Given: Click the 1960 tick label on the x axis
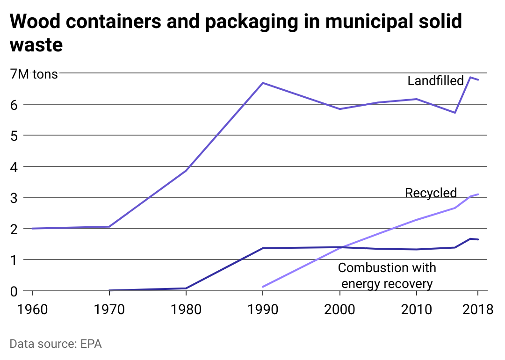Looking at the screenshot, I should [32, 309].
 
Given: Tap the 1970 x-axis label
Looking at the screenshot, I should [109, 309].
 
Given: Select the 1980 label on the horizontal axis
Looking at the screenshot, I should [186, 309].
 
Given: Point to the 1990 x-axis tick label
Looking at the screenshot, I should [263, 309].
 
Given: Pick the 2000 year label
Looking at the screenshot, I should [339, 309].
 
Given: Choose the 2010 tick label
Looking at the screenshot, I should [416, 309].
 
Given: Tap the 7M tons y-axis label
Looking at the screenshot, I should [34, 74].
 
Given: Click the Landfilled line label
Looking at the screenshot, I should [435, 80].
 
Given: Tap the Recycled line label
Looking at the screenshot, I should [431, 193].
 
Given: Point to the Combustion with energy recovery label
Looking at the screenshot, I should [387, 276].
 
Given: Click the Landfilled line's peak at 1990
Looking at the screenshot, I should [263, 83].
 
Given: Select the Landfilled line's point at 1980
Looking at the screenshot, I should [186, 171].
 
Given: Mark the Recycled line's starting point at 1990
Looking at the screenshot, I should [263, 287].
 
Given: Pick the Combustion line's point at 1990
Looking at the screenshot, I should [263, 248].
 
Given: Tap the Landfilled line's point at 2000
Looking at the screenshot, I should [339, 109].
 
